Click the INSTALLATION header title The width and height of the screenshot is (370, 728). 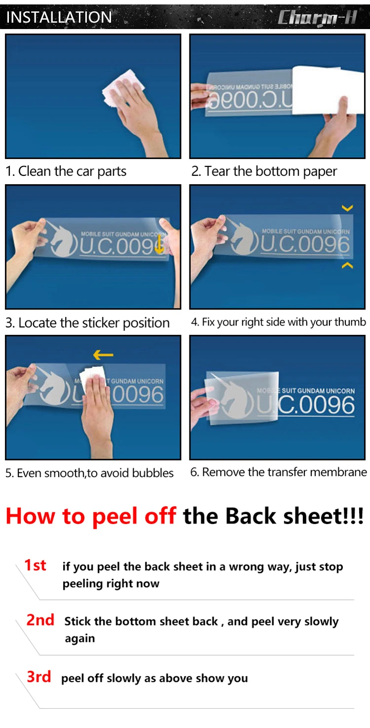(59, 17)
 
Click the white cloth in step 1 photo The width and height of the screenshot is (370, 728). (123, 87)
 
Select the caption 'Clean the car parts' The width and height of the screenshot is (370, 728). (72, 171)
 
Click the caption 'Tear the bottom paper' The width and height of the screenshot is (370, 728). (270, 171)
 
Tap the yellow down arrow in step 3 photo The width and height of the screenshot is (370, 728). (159, 244)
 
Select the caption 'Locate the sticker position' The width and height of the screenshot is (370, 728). (94, 323)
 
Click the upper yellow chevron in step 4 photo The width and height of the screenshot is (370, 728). (347, 208)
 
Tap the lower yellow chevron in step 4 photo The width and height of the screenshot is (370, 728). (347, 265)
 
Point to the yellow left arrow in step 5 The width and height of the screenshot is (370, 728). (103, 355)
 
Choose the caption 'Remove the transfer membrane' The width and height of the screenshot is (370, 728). (285, 472)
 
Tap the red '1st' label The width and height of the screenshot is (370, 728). (35, 565)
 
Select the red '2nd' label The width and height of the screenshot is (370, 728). (40, 620)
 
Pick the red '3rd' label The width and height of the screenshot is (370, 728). (38, 677)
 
